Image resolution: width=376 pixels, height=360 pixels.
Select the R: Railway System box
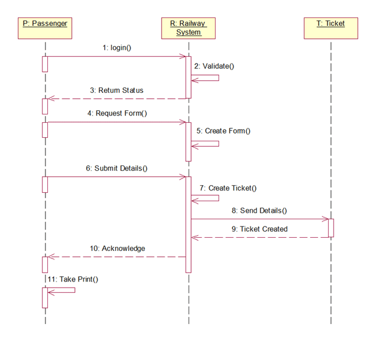coord(188,28)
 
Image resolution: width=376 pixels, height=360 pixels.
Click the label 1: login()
coord(116,47)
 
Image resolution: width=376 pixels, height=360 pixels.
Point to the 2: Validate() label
coord(214,66)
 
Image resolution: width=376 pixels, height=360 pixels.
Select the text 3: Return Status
coord(117,90)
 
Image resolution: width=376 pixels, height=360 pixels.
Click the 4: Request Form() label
coord(117,113)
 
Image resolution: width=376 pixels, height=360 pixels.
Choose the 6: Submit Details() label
coord(116,168)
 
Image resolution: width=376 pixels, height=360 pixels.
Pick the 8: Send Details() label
coord(259,210)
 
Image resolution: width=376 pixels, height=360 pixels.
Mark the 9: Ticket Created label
coord(259,229)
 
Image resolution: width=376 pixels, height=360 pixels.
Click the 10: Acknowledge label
coord(117,248)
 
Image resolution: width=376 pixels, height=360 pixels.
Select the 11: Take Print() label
coord(73,279)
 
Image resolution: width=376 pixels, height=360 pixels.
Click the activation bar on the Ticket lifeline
coord(330,228)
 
